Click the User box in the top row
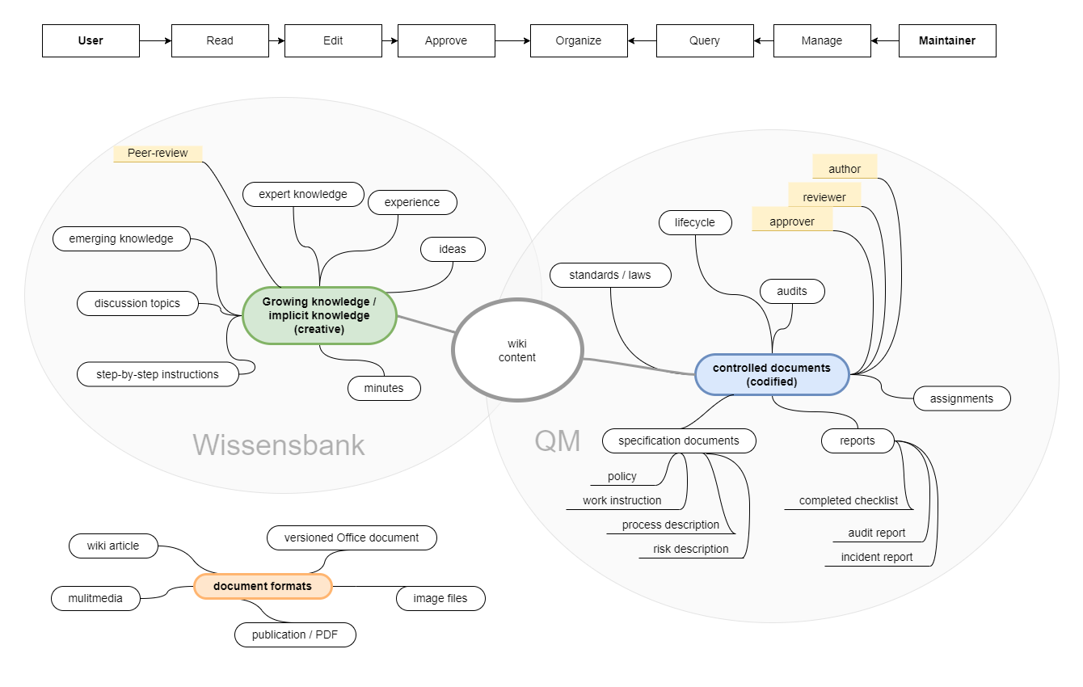coord(91,40)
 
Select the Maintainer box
coord(947,40)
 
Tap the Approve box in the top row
coord(446,40)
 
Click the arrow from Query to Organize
coord(642,40)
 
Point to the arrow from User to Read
coord(156,40)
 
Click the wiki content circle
coord(517,350)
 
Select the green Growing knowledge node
coord(319,315)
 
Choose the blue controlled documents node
coord(772,375)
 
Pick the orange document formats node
coord(263,586)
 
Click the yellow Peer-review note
coord(158,154)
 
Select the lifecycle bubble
coord(695,222)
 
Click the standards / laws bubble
coord(610,275)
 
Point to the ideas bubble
coord(453,249)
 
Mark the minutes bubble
coord(384,388)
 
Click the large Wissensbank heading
coord(279,445)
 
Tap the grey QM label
coord(558,440)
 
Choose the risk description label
coord(690,550)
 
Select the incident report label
coord(877,558)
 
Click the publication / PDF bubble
coord(295,634)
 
